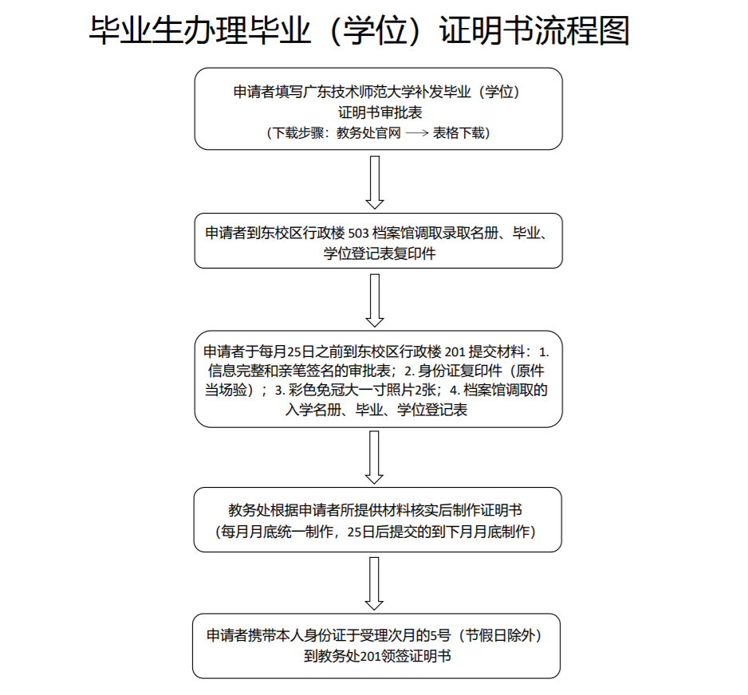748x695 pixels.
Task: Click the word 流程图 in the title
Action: point(582,30)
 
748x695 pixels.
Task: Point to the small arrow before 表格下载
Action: point(417,133)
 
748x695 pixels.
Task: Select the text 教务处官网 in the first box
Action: point(368,133)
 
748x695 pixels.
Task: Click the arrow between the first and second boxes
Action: point(375,183)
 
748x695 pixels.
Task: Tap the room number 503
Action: point(359,233)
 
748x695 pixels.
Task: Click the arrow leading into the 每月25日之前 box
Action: point(375,300)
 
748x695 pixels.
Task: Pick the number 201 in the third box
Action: point(455,352)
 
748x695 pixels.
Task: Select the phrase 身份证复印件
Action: point(460,371)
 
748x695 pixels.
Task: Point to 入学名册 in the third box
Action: point(313,410)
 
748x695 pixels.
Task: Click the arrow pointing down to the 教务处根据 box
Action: point(374,457)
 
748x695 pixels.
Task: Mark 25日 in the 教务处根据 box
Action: point(361,532)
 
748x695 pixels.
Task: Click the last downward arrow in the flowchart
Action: point(374,583)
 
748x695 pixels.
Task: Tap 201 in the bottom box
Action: point(370,657)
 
